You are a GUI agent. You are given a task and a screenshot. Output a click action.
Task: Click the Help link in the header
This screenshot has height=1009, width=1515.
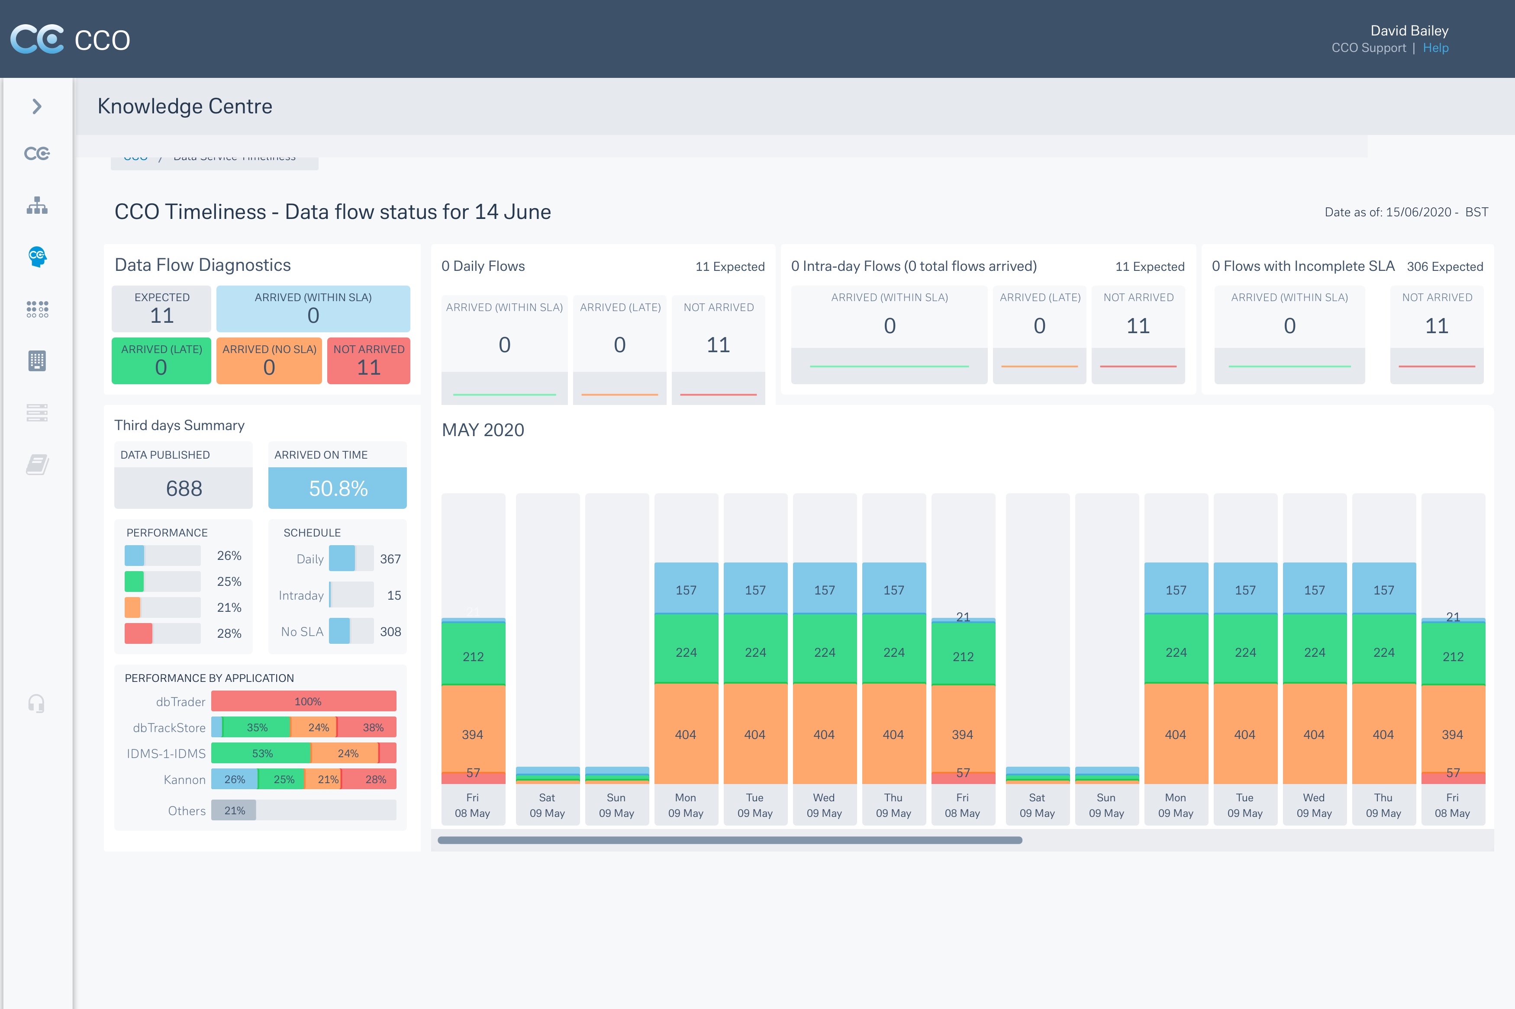pyautogui.click(x=1435, y=48)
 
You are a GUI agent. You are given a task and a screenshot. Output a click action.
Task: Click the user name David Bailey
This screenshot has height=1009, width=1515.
pyautogui.click(x=1409, y=31)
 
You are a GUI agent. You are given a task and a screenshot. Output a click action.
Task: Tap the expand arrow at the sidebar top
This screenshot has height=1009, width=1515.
pyautogui.click(x=37, y=106)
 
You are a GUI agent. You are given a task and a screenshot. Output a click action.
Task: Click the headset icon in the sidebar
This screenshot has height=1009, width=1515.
pyautogui.click(x=37, y=704)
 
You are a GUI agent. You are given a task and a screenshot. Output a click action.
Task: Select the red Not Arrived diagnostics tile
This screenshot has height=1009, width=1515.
pyautogui.click(x=368, y=361)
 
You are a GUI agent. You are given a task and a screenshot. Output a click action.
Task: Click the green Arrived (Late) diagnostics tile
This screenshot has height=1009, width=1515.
pyautogui.click(x=161, y=361)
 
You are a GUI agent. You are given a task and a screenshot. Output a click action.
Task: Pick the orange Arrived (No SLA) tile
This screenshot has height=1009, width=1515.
pyautogui.click(x=269, y=361)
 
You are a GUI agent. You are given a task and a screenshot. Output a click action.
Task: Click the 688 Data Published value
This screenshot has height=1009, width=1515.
pyautogui.click(x=184, y=488)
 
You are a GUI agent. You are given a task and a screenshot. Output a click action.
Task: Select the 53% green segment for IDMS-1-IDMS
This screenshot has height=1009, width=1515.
pyautogui.click(x=261, y=754)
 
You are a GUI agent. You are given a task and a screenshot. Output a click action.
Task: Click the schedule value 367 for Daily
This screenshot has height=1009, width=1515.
pyautogui.click(x=390, y=559)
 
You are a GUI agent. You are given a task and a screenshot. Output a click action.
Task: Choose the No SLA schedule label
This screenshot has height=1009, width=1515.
pyautogui.click(x=302, y=632)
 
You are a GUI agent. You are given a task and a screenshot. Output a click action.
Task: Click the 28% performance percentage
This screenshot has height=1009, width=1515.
pyautogui.click(x=229, y=634)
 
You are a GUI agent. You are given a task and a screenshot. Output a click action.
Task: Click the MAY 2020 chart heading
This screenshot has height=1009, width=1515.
pyautogui.click(x=483, y=430)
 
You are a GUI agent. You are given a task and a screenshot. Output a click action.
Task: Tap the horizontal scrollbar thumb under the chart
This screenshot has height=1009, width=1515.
pyautogui.click(x=729, y=840)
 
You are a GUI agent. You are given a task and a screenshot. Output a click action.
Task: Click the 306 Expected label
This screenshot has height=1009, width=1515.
pyautogui.click(x=1444, y=267)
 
